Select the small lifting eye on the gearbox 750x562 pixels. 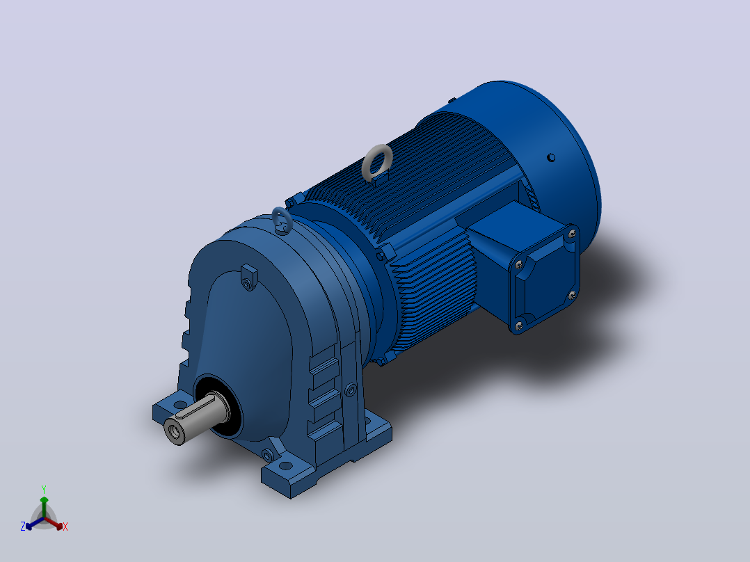276,218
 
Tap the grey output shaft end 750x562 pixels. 174,431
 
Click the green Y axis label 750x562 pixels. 44,489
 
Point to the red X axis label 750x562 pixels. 65,527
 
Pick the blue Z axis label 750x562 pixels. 23,526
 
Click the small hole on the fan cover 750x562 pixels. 551,157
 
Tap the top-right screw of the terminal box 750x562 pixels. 572,234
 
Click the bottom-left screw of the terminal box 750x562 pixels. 520,326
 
